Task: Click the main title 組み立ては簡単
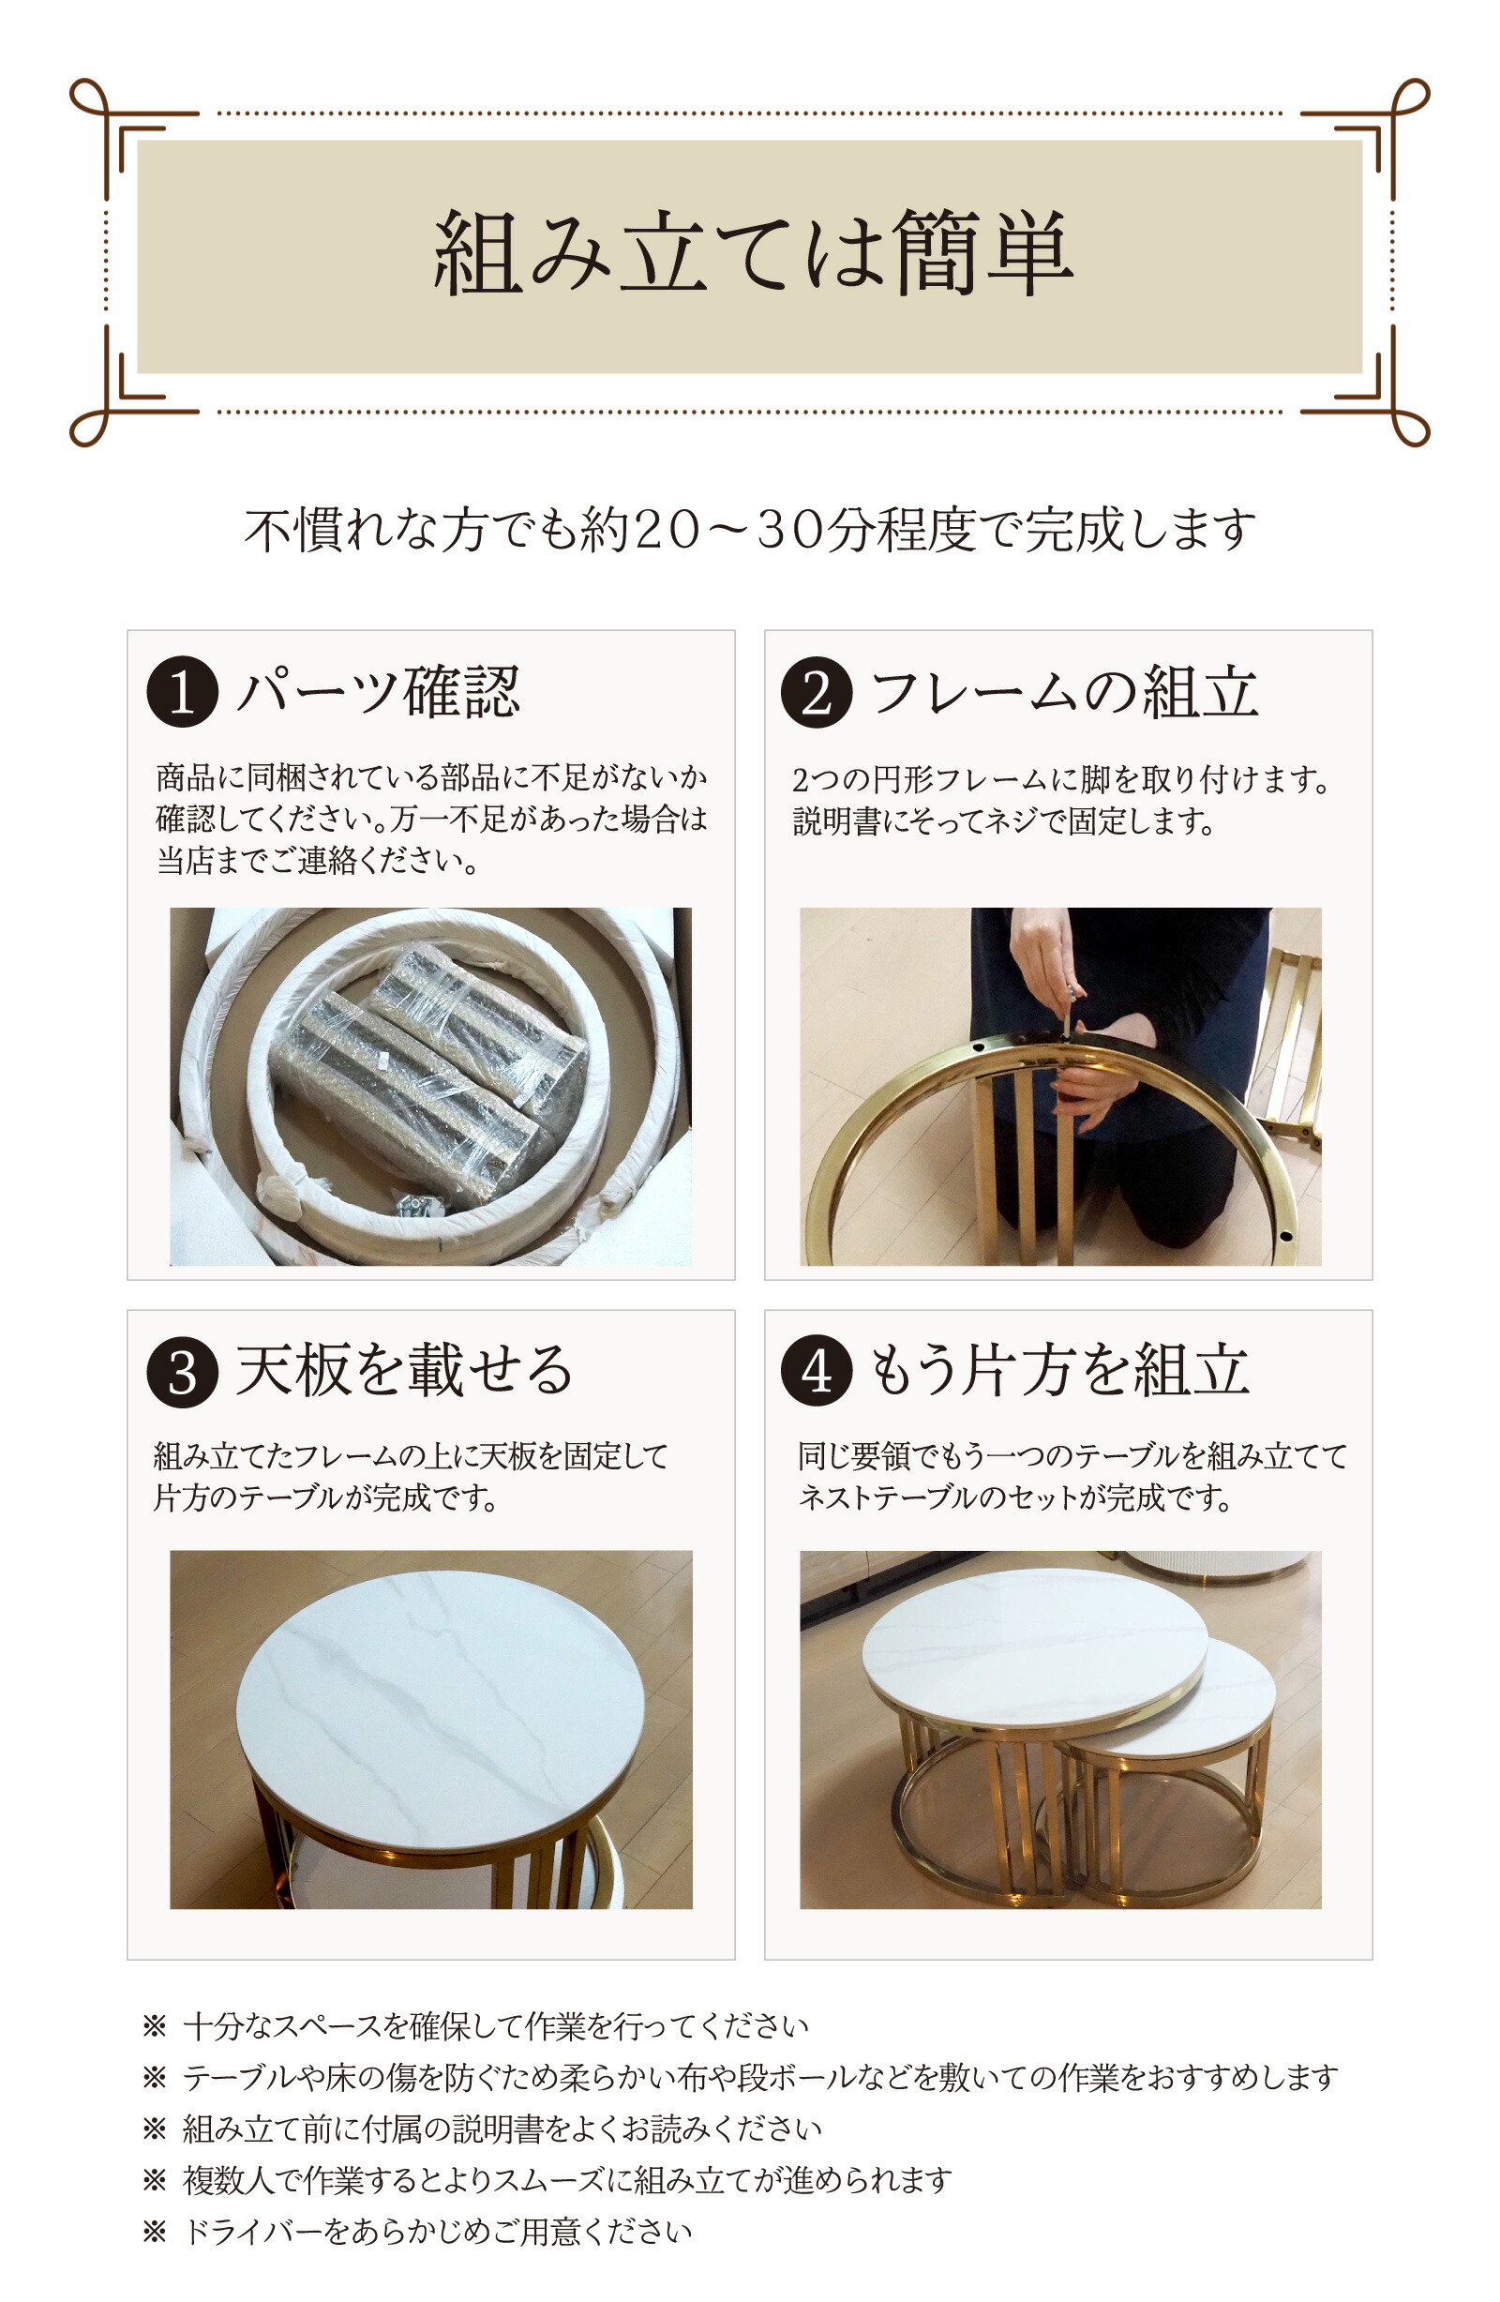point(753,253)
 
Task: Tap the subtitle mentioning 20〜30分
point(749,529)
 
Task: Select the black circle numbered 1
point(182,692)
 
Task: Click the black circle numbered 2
point(817,692)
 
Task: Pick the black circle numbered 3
point(182,1372)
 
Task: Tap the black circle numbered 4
point(817,1372)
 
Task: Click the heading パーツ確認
point(379,692)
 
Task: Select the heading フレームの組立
point(1064,692)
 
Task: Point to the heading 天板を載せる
point(404,1372)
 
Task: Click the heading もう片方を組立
point(1059,1372)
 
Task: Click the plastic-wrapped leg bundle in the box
point(426,1074)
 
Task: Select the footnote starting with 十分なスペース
point(493,2025)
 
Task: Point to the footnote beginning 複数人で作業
point(565,2180)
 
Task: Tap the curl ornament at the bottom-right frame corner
point(1410,429)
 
